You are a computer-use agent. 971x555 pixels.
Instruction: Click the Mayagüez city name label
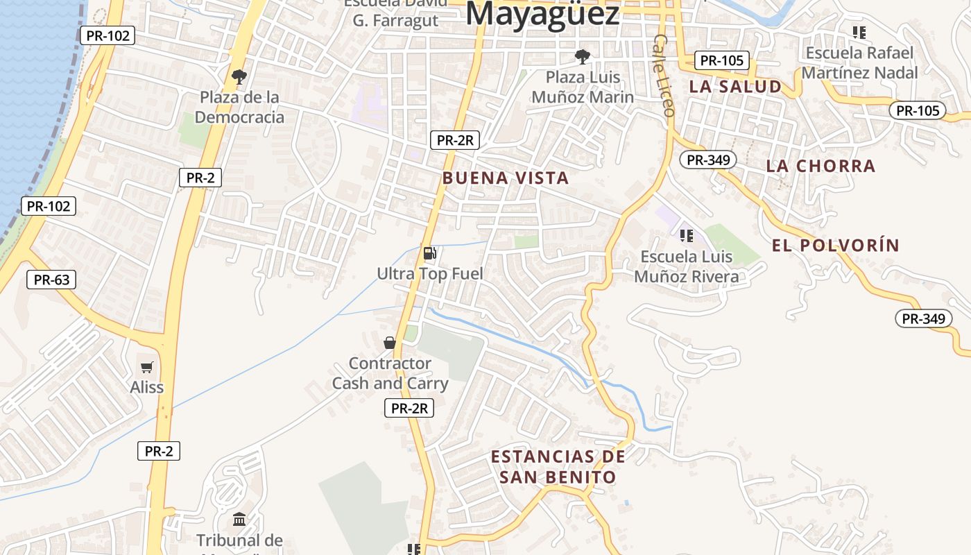click(x=542, y=14)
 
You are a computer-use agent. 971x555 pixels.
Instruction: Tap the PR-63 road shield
click(x=51, y=280)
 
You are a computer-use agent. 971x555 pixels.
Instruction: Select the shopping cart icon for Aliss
click(x=146, y=368)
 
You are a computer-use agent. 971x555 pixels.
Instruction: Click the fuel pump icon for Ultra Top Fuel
click(x=430, y=253)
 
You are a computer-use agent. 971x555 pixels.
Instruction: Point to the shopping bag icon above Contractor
click(x=390, y=343)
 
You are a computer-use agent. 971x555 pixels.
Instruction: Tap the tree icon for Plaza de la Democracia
click(x=239, y=76)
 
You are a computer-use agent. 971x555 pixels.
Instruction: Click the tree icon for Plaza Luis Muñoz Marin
click(x=583, y=56)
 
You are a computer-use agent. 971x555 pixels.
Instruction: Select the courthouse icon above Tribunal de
click(x=239, y=519)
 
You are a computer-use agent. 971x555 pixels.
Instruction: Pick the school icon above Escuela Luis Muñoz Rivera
click(x=687, y=236)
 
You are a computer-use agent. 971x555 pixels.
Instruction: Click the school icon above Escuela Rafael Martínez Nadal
click(x=859, y=32)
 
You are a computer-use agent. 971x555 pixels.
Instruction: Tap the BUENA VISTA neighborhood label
click(x=506, y=178)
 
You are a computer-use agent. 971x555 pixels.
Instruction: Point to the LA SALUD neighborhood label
click(x=735, y=87)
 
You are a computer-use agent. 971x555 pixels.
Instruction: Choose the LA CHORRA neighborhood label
click(x=820, y=166)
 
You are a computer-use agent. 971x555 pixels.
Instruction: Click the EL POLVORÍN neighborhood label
click(x=835, y=246)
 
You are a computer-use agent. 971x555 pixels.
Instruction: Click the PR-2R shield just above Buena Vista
click(x=454, y=140)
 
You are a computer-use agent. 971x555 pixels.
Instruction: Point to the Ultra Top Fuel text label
click(x=430, y=274)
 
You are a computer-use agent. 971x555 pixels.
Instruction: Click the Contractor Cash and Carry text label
click(x=390, y=373)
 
